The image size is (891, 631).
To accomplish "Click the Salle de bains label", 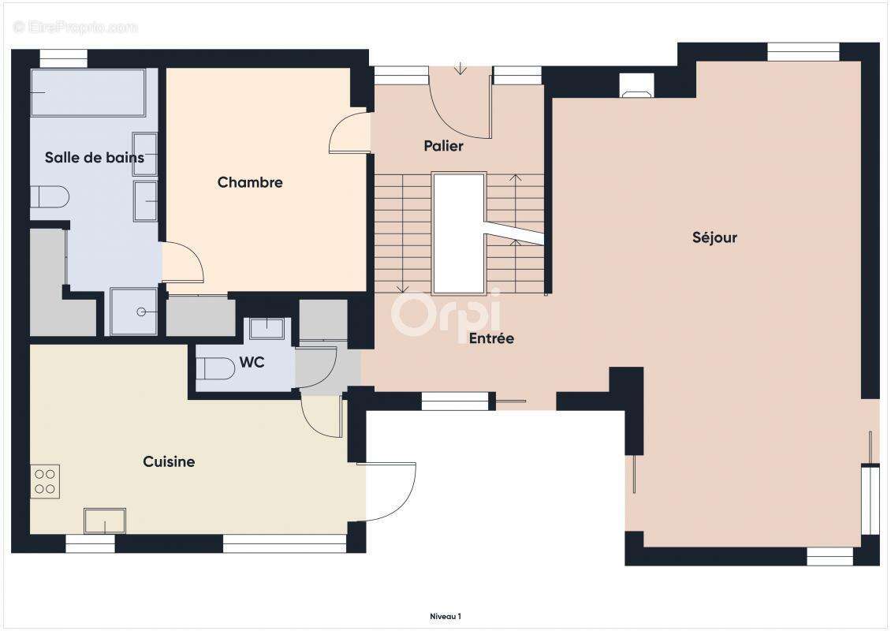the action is click(95, 158).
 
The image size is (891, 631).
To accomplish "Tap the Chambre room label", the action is click(250, 182).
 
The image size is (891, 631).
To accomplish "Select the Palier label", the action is click(443, 146).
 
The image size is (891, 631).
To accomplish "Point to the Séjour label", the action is click(714, 237).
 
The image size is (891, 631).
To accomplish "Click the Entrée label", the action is click(491, 338).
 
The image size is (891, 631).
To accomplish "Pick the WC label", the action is click(252, 362).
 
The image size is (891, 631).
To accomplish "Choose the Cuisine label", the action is click(169, 461).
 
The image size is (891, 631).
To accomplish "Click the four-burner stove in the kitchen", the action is click(45, 481).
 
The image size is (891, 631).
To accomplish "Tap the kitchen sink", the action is click(105, 521).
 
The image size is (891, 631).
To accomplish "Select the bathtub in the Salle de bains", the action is click(88, 92).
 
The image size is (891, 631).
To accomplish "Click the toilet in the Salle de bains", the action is click(50, 196).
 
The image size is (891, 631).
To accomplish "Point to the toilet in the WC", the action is click(214, 368).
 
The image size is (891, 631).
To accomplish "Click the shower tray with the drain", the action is click(133, 312).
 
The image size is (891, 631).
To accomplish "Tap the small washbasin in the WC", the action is click(267, 329).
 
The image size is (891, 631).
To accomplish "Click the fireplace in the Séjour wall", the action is click(636, 85).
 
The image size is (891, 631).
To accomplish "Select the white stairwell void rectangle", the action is click(459, 233).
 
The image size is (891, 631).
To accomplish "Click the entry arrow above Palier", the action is click(460, 69).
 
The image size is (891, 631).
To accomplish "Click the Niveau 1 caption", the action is click(445, 616).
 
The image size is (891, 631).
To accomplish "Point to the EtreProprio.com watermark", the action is click(76, 27).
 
